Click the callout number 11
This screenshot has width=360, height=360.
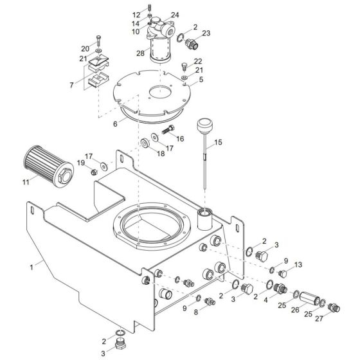click(24, 183)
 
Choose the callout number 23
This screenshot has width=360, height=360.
click(206, 33)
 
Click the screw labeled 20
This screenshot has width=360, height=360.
click(98, 39)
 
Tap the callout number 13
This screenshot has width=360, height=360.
click(297, 264)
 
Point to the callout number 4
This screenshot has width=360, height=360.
click(265, 299)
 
